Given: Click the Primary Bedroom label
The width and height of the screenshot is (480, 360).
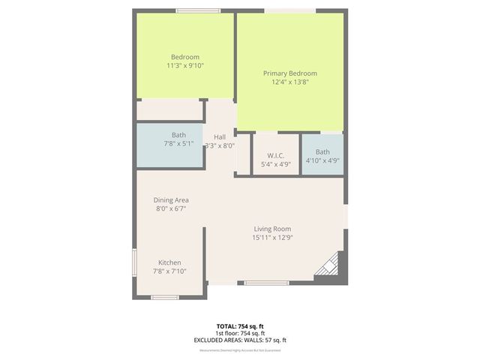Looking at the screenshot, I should (289, 73).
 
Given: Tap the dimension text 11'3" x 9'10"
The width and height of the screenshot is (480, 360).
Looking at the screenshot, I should (184, 66).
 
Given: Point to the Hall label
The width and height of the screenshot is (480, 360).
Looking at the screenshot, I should (220, 136).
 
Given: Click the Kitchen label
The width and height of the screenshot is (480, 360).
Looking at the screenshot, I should (169, 262).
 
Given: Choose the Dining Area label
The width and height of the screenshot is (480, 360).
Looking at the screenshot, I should (170, 200).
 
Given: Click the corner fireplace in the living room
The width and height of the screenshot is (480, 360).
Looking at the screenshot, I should (328, 266).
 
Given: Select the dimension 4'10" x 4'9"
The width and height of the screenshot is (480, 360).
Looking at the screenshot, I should (322, 160).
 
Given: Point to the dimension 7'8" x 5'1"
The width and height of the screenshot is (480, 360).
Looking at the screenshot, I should (178, 144).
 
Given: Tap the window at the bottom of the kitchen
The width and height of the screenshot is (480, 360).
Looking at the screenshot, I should (165, 297).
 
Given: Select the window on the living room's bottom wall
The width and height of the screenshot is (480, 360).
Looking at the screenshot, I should (266, 283).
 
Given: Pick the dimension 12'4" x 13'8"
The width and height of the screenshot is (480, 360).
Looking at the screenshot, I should (289, 82).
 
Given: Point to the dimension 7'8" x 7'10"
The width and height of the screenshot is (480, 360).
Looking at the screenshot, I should (169, 271).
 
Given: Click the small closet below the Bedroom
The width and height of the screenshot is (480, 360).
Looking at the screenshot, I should (170, 110).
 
